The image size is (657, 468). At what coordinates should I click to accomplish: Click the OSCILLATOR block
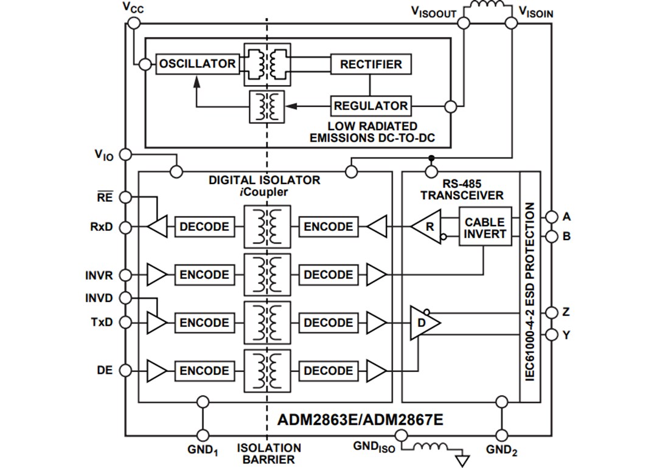point(197,64)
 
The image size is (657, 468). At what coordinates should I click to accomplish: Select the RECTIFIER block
point(370,64)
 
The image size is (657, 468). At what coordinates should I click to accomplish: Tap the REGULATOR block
point(370,106)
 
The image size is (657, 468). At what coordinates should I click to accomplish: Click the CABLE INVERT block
point(485,228)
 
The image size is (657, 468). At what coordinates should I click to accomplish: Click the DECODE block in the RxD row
point(204,227)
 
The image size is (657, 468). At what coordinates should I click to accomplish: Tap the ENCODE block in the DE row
point(204,371)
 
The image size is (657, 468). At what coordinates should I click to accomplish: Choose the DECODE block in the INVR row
point(328,275)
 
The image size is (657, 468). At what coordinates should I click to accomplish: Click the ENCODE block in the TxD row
point(204,323)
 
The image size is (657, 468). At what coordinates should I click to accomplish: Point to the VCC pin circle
point(134,23)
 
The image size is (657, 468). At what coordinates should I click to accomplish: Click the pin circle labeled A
point(551,217)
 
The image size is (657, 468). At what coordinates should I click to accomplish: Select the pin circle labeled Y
point(551,334)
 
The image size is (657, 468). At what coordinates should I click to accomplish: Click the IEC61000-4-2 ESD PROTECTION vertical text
point(529,292)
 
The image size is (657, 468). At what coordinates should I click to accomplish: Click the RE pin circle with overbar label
point(125,197)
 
